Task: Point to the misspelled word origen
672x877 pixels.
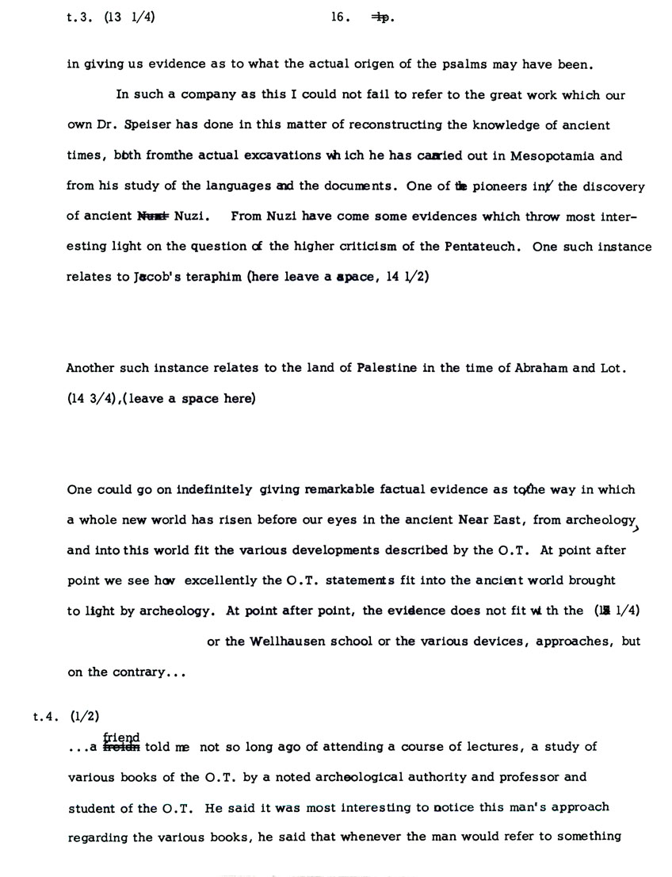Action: pos(327,64)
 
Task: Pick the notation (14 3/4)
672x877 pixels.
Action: pos(91,399)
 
